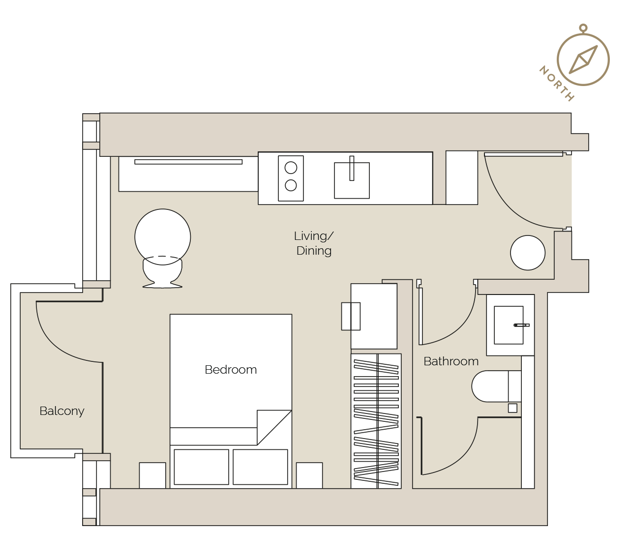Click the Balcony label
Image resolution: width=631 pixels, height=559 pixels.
[61, 411]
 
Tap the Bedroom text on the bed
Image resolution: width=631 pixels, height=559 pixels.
[231, 370]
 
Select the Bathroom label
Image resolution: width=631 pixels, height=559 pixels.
[451, 361]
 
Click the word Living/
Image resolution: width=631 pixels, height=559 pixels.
[314, 236]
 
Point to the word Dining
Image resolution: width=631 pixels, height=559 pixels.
[314, 251]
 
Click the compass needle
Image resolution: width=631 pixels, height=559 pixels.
[583, 60]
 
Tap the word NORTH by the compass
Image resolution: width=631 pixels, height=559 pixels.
[556, 84]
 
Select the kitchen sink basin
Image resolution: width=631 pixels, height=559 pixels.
[352, 180]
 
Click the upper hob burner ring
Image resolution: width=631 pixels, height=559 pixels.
[291, 168]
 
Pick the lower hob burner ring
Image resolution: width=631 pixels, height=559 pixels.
[291, 185]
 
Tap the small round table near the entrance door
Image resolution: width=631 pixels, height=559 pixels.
[528, 253]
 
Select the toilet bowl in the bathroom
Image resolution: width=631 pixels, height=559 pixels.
[490, 386]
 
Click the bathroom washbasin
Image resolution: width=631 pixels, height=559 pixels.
[509, 325]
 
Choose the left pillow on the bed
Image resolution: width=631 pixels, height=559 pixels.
[201, 467]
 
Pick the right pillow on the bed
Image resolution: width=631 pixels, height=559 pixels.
[260, 467]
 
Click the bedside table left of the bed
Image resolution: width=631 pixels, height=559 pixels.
[152, 475]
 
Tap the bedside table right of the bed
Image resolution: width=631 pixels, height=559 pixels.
[309, 475]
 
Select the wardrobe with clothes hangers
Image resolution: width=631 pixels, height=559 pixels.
[376, 421]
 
